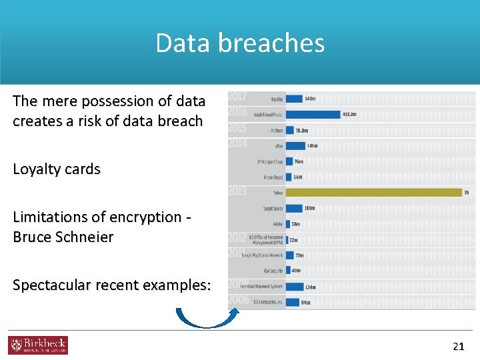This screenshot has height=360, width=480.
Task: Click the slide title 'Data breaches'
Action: point(240,43)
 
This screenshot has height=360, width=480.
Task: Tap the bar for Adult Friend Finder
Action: point(313,115)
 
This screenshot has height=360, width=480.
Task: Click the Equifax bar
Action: point(294,99)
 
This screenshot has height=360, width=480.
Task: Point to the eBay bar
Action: point(296,145)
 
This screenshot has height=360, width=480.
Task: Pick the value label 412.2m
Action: point(349,115)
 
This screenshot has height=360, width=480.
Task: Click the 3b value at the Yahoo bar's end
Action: point(467,193)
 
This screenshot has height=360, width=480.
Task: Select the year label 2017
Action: point(237,97)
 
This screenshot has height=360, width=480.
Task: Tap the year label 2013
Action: point(237,191)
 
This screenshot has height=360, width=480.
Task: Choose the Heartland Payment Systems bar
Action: point(294,287)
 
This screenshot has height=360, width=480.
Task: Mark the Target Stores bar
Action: point(294,209)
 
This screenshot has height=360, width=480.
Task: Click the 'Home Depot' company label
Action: point(273,177)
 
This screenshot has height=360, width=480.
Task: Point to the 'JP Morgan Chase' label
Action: point(270,161)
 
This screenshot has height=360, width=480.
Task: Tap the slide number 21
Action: point(458,345)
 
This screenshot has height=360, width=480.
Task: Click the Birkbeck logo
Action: point(37,345)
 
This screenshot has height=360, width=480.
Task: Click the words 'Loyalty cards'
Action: point(57,169)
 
